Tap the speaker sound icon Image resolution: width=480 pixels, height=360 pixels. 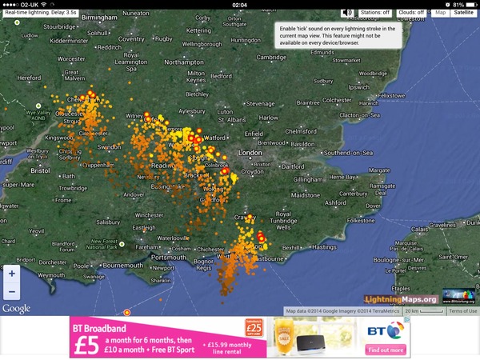[347, 13]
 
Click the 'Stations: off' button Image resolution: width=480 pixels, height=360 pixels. [375, 13]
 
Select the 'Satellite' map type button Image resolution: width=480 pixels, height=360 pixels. [463, 13]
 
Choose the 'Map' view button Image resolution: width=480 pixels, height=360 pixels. [441, 13]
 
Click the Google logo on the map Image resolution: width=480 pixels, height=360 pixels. [16, 309]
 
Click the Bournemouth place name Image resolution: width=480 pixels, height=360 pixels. [122, 264]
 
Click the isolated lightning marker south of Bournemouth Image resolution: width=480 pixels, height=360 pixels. [126, 312]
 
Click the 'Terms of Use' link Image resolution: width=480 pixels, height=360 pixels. [462, 311]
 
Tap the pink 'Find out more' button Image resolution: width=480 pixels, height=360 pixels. [387, 350]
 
